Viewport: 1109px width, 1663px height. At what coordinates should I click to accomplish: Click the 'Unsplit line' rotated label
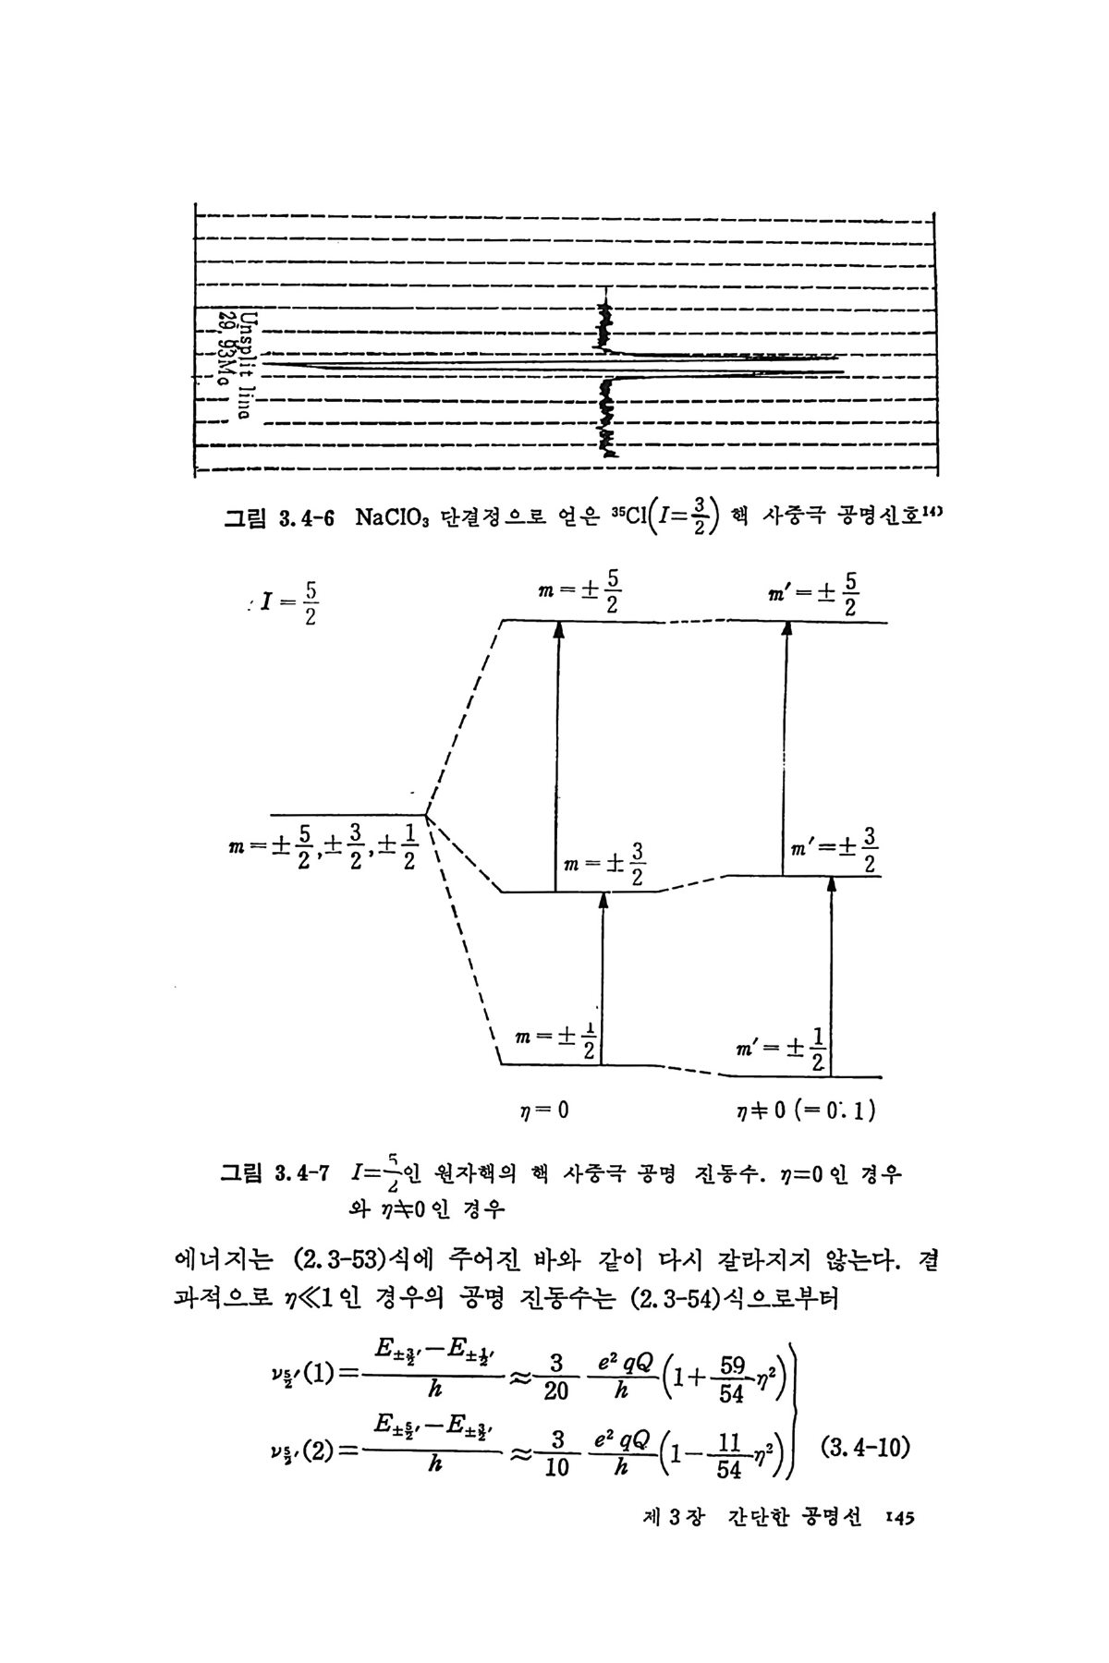pyautogui.click(x=246, y=365)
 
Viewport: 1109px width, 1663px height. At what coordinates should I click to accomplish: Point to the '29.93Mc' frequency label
pyautogui.click(x=225, y=349)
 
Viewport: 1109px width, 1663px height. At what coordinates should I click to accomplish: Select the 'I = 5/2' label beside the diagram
pyautogui.click(x=287, y=602)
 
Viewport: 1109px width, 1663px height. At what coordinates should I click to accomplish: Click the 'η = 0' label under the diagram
pyautogui.click(x=544, y=1110)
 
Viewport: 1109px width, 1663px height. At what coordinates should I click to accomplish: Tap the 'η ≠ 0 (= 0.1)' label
pyautogui.click(x=801, y=1110)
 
